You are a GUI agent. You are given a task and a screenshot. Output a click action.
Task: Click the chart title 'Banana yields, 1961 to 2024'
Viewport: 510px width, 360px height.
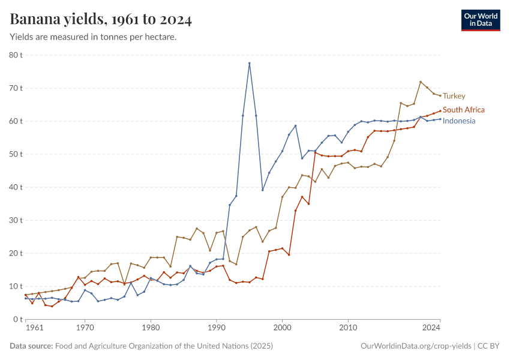click(x=101, y=20)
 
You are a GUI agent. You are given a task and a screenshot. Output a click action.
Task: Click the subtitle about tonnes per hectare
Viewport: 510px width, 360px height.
click(x=93, y=37)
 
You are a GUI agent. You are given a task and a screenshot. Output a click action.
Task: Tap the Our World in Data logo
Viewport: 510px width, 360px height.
click(x=480, y=20)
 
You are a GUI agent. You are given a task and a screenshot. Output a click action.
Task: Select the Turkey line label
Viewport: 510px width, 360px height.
click(x=454, y=96)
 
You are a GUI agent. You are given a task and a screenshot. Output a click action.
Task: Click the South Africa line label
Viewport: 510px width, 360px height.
click(x=463, y=110)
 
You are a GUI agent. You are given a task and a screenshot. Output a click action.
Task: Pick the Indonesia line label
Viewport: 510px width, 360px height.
click(x=459, y=121)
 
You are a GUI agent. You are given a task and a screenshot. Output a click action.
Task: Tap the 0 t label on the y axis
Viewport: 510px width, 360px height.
click(x=17, y=319)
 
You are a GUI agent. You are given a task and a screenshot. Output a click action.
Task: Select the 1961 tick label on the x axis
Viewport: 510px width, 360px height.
click(x=34, y=328)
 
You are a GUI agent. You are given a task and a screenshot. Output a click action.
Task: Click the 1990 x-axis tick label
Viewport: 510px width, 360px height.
click(x=217, y=328)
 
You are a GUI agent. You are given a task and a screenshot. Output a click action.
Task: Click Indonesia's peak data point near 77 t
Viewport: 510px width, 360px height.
click(x=250, y=64)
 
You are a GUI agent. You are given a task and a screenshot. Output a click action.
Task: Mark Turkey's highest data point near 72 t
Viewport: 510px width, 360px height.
click(x=421, y=82)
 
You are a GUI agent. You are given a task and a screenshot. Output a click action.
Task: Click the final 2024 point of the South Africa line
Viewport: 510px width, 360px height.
click(x=440, y=110)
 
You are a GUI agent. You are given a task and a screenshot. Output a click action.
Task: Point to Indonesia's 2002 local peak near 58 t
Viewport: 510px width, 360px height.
click(x=296, y=126)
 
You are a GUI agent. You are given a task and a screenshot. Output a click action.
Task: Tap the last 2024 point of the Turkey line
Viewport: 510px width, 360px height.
click(x=440, y=95)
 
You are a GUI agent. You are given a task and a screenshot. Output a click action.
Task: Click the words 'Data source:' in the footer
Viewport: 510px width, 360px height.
click(x=31, y=346)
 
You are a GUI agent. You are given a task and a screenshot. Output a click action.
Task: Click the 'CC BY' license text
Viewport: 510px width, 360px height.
click(x=488, y=346)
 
